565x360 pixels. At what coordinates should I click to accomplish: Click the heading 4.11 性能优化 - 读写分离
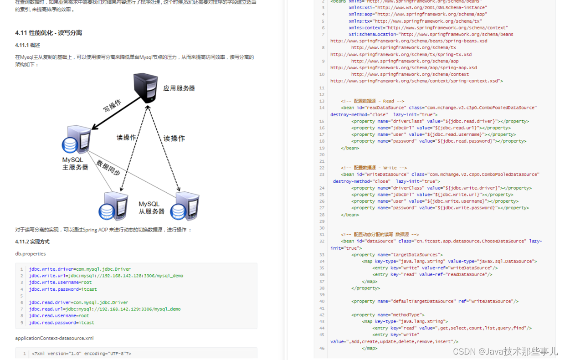point(48,33)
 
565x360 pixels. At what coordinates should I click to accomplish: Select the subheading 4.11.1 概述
point(28,45)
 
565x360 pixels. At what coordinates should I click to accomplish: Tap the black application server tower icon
point(146,88)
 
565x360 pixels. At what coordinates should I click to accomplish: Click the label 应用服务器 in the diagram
point(179,88)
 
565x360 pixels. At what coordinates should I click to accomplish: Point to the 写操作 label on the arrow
point(112,106)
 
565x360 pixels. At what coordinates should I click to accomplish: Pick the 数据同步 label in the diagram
point(108,168)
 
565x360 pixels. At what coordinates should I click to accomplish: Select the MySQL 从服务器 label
point(151,208)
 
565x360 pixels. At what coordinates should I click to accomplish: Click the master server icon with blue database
point(77,139)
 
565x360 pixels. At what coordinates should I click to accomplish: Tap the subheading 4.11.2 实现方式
point(32,242)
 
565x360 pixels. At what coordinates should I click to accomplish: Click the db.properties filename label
point(31,254)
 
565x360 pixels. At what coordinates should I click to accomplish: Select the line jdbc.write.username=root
point(60,283)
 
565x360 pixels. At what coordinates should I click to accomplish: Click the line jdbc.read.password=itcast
point(62,323)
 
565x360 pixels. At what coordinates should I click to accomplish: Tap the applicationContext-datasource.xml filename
point(54,338)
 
